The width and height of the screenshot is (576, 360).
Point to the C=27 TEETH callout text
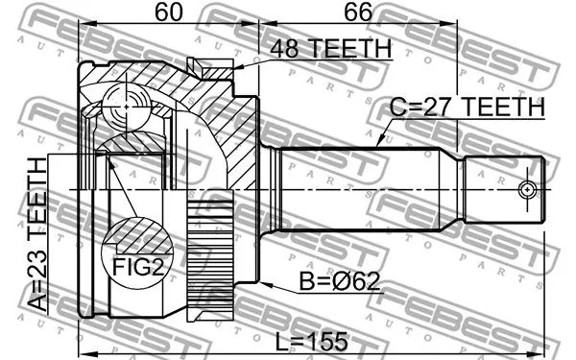coord(466,109)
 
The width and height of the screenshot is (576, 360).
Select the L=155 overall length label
coord(311,341)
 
